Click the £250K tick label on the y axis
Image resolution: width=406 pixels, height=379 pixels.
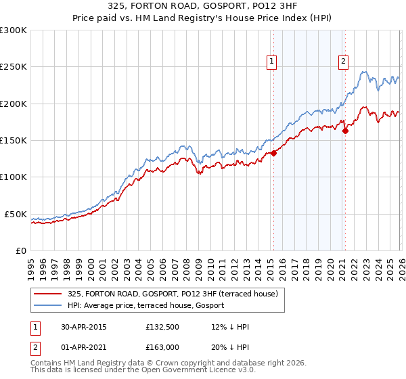[x=14, y=67]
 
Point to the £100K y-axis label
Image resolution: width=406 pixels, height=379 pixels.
[x=14, y=177]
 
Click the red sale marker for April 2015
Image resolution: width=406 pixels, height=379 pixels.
[x=274, y=154]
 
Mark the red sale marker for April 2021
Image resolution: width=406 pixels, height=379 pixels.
[x=345, y=131]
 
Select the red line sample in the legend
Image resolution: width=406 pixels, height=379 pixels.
[x=48, y=294]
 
